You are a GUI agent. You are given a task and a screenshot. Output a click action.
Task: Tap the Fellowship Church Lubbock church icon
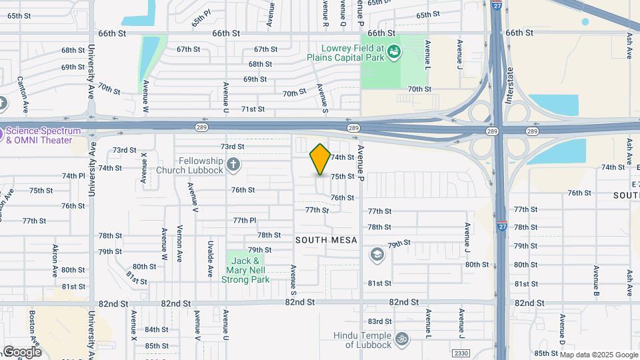point(233,163)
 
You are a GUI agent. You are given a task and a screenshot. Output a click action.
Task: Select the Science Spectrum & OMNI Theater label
point(43,135)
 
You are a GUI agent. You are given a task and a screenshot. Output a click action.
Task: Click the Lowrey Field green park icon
point(393,51)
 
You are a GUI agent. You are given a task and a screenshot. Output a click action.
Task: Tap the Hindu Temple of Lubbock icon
point(401,339)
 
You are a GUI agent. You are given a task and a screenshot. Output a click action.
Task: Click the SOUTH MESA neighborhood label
point(327,239)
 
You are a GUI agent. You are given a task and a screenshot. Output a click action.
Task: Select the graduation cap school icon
point(377,254)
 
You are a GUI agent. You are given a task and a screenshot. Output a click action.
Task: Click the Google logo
point(21,351)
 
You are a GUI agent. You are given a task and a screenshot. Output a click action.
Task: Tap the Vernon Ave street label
point(179,244)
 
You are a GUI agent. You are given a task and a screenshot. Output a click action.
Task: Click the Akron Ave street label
point(56,261)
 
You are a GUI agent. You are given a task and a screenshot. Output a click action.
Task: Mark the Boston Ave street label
point(32,325)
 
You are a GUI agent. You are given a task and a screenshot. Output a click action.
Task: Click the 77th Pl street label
point(245,220)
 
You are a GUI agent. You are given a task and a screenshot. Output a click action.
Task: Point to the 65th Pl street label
point(201,18)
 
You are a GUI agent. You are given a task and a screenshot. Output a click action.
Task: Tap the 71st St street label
point(253,109)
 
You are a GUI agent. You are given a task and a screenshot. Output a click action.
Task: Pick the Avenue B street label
point(596,282)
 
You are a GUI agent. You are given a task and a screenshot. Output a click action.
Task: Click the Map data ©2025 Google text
point(598,355)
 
